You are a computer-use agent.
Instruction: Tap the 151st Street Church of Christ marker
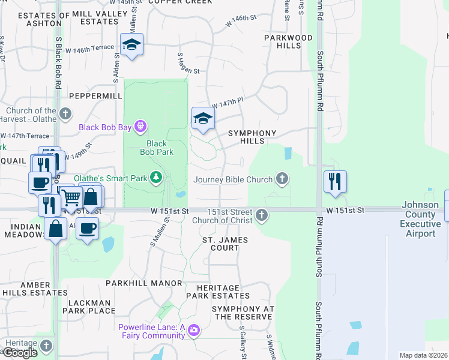coord(261,215)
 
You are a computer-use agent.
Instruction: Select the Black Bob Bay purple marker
coord(140,127)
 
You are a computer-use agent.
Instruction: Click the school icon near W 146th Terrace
coord(131,45)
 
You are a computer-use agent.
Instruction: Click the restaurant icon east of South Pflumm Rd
coord(335,181)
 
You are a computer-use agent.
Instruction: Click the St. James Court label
coord(225,244)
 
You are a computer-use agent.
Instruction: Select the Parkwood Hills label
coord(288,41)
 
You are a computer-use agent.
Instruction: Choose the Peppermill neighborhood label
coord(91,95)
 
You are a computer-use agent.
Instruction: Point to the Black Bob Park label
coord(157,148)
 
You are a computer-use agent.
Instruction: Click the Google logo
coord(20,352)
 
